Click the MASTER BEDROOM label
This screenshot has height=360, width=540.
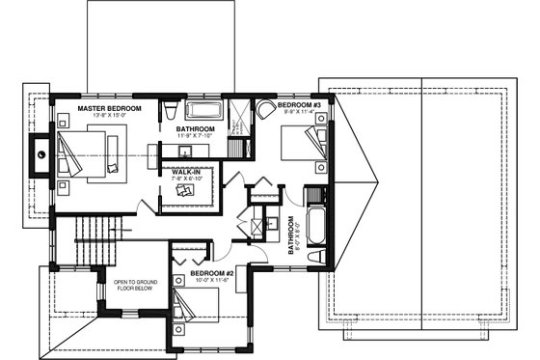[x=110, y=108]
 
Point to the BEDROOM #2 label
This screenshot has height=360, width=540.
[x=213, y=273]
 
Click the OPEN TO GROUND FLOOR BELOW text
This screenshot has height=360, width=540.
[x=135, y=284]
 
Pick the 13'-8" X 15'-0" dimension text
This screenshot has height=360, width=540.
[x=110, y=116]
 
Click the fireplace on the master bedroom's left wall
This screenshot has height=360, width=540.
[x=41, y=152]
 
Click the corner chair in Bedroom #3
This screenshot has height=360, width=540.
[x=264, y=108]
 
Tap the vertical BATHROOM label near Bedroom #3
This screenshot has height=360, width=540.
[x=290, y=235]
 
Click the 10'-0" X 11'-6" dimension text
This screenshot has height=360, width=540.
[x=213, y=281]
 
